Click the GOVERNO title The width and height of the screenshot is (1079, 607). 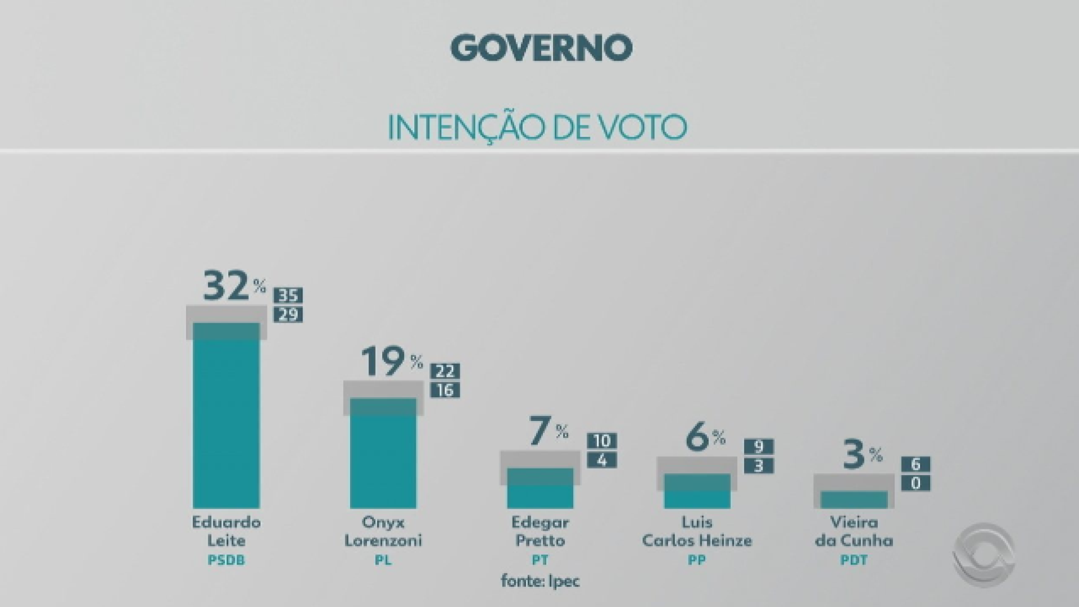click(x=541, y=48)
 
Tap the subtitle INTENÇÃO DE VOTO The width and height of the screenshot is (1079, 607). click(x=537, y=128)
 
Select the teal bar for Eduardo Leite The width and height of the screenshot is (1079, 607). click(x=226, y=422)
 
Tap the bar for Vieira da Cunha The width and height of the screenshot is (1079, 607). click(x=854, y=500)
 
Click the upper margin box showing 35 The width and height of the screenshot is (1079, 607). click(x=288, y=296)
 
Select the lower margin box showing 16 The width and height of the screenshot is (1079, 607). click(x=445, y=390)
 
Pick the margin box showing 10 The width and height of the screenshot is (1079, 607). click(x=602, y=441)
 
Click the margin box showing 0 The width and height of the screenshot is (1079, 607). click(x=915, y=483)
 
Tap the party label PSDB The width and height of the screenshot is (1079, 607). click(x=226, y=560)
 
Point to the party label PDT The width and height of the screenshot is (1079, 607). click(x=854, y=560)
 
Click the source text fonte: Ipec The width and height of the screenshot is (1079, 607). click(x=540, y=581)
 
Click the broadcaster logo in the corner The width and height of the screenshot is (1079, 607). click(x=983, y=555)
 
